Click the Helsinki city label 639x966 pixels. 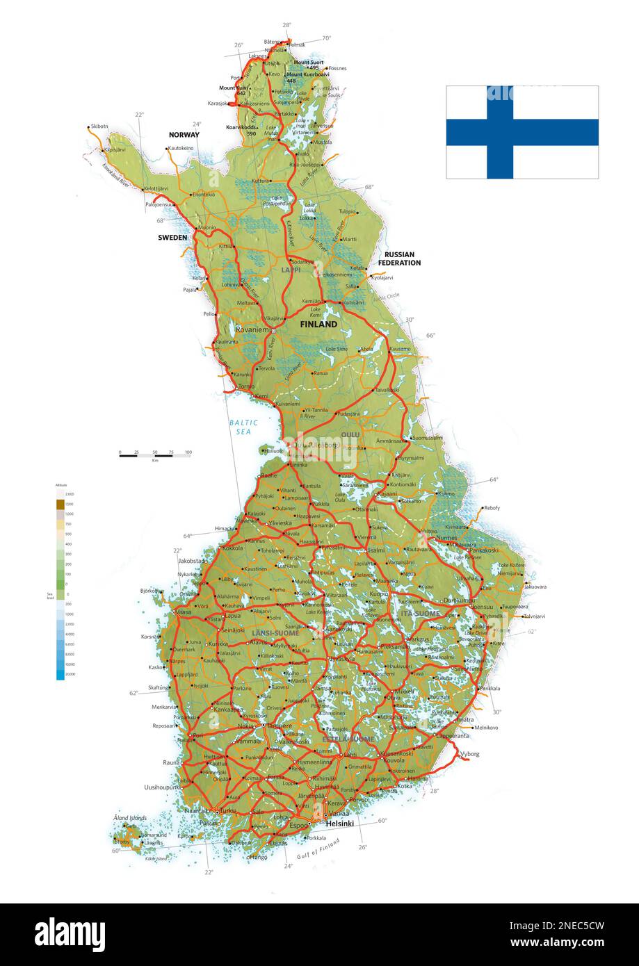click(x=340, y=824)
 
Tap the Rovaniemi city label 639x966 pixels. click(x=252, y=330)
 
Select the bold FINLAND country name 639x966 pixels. click(x=318, y=324)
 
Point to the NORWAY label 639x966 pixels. click(x=184, y=135)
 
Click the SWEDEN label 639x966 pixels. click(x=172, y=237)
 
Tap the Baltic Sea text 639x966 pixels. click(x=243, y=427)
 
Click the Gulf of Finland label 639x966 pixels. click(x=318, y=851)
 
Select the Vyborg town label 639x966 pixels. click(x=470, y=753)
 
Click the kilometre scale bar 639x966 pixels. click(x=155, y=455)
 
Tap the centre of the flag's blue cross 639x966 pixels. click(x=499, y=132)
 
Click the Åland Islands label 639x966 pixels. click(x=130, y=818)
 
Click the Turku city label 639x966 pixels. click(x=228, y=811)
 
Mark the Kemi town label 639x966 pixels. click(x=261, y=396)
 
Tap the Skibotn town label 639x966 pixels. click(x=99, y=126)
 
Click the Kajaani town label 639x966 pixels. click(x=387, y=493)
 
